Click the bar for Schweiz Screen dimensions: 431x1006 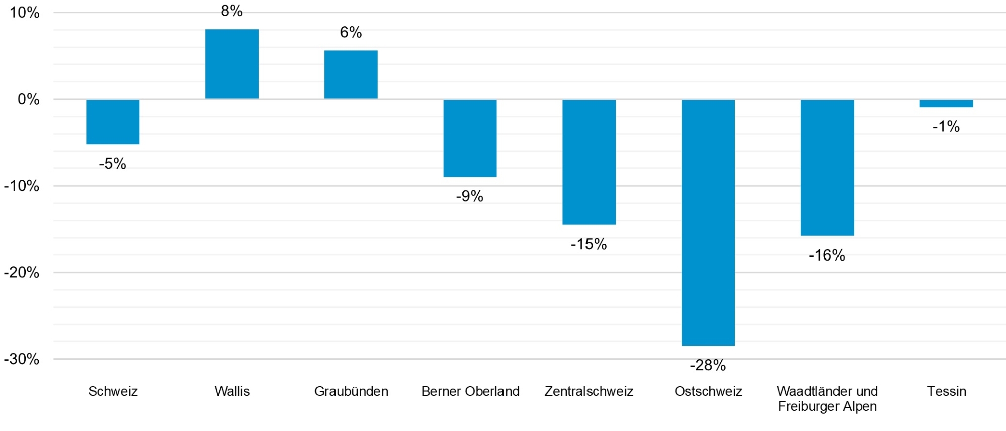click(113, 122)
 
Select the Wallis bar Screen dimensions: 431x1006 click(232, 64)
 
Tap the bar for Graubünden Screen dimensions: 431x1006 click(351, 74)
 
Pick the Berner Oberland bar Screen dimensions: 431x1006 click(470, 138)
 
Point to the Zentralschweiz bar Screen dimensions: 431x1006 click(589, 162)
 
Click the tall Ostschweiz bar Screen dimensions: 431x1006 click(708, 222)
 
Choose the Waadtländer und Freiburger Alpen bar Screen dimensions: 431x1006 click(827, 167)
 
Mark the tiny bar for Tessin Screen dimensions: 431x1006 click(946, 103)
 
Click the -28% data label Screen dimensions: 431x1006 click(708, 365)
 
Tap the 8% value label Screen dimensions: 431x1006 click(232, 11)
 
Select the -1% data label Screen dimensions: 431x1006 click(946, 126)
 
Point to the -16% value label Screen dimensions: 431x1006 click(827, 255)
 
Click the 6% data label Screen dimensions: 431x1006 click(351, 32)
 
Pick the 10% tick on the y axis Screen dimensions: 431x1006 click(24, 13)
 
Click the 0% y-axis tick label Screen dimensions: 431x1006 click(28, 99)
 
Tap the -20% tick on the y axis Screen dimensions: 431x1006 click(22, 272)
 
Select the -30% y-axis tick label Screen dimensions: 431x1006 click(22, 359)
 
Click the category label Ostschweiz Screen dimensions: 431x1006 click(708, 391)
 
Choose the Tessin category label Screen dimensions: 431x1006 click(946, 391)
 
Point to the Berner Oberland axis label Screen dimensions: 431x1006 click(470, 391)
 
